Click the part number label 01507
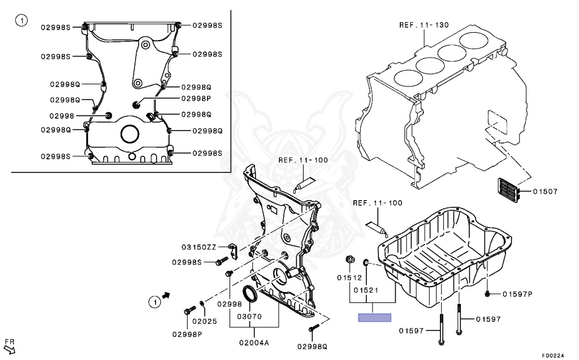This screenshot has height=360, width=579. [x=545, y=192]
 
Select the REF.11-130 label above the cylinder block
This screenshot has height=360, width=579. [x=424, y=25]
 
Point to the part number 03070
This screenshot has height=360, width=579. [x=249, y=316]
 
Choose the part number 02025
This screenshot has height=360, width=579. [x=204, y=321]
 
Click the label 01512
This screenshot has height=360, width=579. [x=349, y=277]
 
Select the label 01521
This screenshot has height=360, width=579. [x=365, y=290]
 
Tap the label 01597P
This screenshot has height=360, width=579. [x=517, y=293]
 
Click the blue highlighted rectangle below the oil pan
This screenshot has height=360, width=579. [x=375, y=317]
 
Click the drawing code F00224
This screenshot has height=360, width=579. [x=554, y=355]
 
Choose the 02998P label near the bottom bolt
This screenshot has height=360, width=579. [x=188, y=334]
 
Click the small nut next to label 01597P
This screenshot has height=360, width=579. [x=487, y=293]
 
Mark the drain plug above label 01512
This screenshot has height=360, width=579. [x=350, y=259]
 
